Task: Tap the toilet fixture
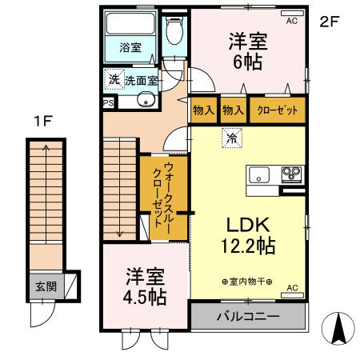pyautogui.click(x=174, y=33)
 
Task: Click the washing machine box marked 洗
pyautogui.click(x=114, y=79)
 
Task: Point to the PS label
pyautogui.click(x=108, y=102)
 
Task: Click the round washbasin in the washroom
pyautogui.click(x=146, y=100)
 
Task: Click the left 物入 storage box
pyautogui.click(x=203, y=110)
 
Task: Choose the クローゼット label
pyautogui.click(x=277, y=110)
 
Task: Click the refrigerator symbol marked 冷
pyautogui.click(x=231, y=138)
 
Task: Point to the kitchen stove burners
pyautogui.click(x=289, y=173)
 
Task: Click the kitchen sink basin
pyautogui.click(x=261, y=174)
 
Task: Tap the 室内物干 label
pyautogui.click(x=247, y=282)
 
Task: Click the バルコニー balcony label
pyautogui.click(x=248, y=317)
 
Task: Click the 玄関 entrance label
pyautogui.click(x=45, y=286)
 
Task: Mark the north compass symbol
pyautogui.click(x=339, y=327)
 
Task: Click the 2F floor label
pyautogui.click(x=330, y=22)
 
